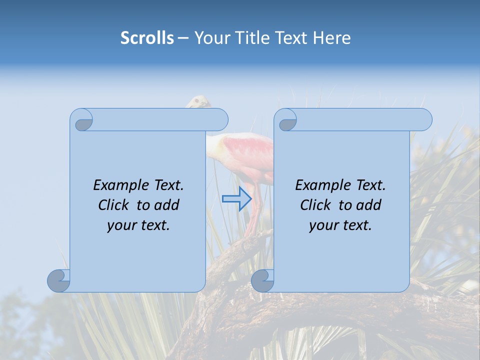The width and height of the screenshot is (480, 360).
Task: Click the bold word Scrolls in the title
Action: point(147,38)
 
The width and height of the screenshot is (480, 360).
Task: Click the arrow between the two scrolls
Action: point(237,199)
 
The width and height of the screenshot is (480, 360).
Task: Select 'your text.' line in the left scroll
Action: point(138,225)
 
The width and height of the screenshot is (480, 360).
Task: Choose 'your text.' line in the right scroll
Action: point(340,225)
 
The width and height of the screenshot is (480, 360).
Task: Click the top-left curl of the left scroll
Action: point(83,121)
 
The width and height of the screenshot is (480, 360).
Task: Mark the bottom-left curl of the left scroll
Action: point(59,280)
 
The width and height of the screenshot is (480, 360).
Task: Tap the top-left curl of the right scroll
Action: point(287,121)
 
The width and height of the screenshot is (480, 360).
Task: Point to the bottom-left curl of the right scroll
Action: point(262,280)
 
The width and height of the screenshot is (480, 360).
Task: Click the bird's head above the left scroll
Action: point(198,102)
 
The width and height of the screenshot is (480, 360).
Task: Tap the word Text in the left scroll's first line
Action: point(168,185)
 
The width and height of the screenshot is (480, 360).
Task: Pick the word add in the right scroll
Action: point(369,205)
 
